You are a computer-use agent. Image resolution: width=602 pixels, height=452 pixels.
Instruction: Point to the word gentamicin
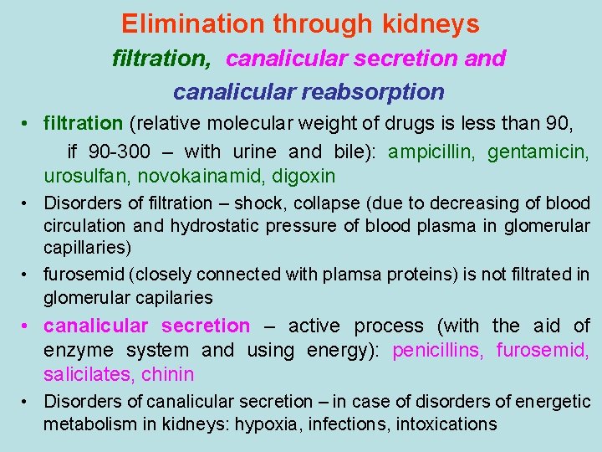538,152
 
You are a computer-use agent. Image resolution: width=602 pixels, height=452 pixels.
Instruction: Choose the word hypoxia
269,424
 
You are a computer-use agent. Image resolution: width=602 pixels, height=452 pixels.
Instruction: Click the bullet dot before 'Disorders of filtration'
29,203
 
